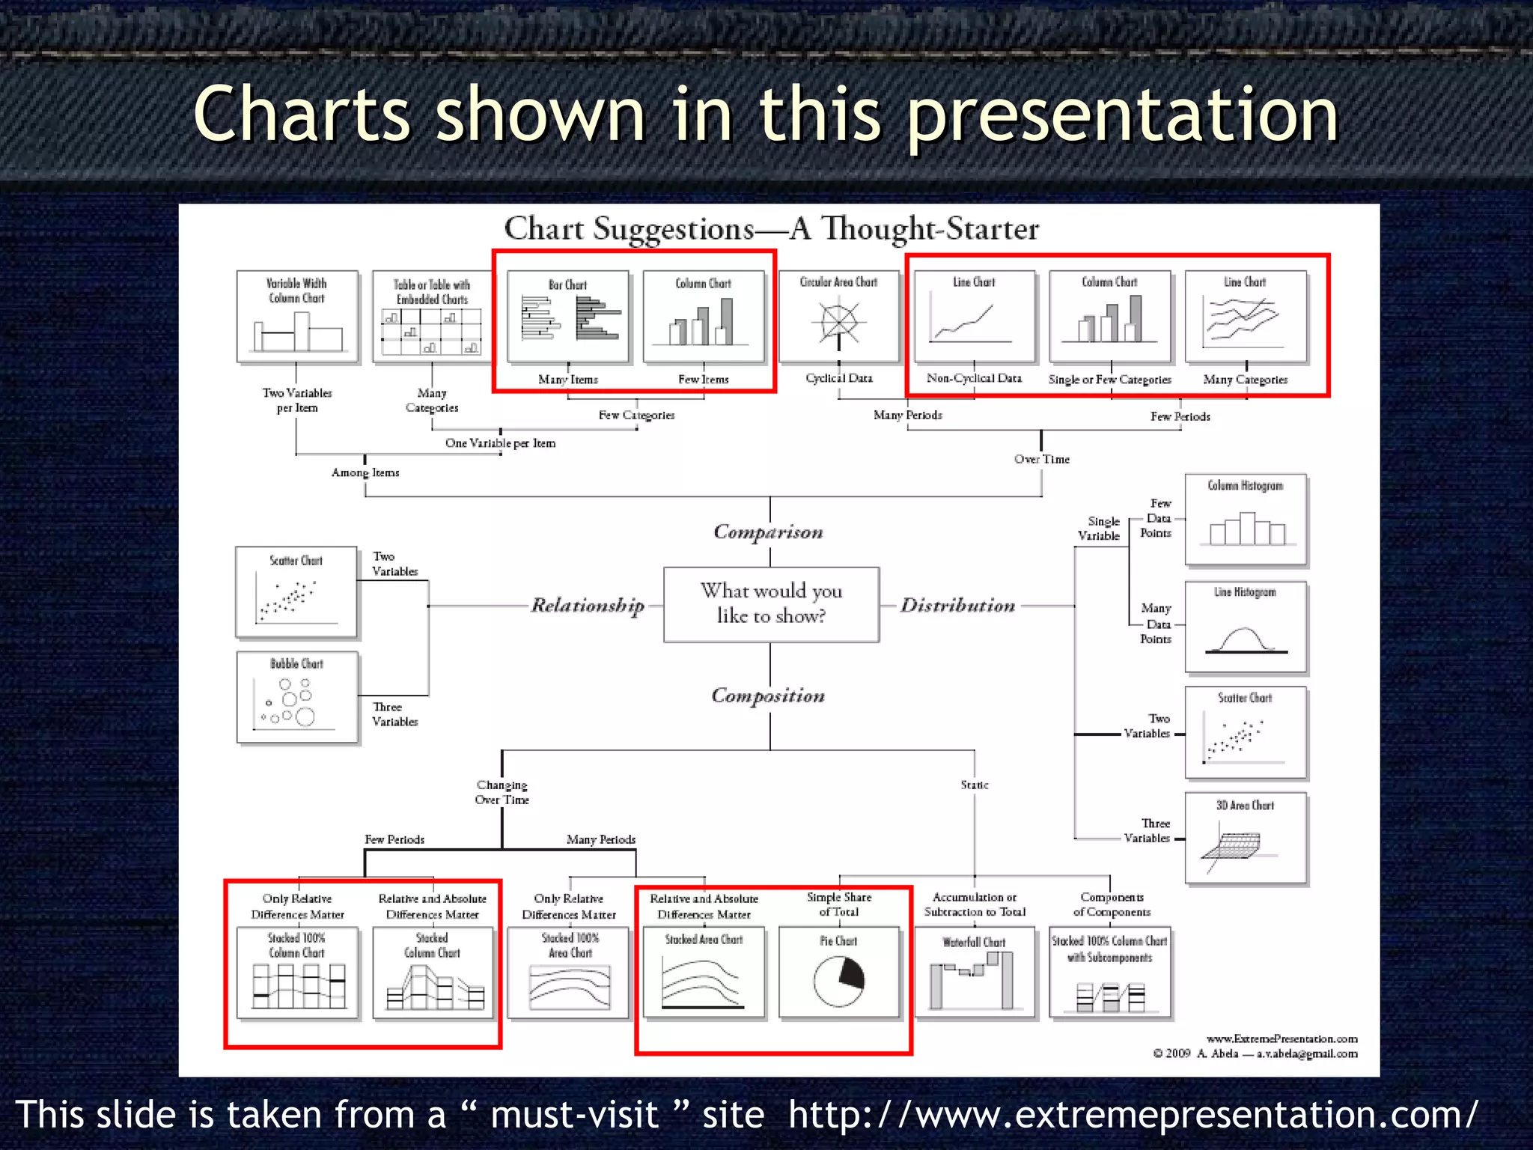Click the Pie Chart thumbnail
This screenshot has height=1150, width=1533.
838,973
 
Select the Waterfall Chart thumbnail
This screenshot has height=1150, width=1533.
974,973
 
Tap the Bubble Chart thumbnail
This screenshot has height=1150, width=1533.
297,697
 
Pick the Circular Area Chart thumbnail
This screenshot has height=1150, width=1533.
838,317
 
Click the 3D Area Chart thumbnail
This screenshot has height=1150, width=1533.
1246,838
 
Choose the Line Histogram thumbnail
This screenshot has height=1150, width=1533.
1246,627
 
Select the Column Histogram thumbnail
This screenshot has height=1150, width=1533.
1246,520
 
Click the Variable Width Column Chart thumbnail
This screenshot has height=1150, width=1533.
297,317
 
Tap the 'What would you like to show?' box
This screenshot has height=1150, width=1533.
771,604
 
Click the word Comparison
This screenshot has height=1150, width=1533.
768,532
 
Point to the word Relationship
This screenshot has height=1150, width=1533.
588,605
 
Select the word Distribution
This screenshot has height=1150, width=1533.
957,605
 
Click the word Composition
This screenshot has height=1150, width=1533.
768,696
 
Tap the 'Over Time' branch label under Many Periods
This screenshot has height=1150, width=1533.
1041,459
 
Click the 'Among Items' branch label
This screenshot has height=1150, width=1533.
365,472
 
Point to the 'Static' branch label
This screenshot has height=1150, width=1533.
975,785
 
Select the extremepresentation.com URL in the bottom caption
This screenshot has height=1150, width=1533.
1133,1114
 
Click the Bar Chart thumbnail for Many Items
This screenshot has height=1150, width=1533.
568,317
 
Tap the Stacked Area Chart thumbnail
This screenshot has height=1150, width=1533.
704,973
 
